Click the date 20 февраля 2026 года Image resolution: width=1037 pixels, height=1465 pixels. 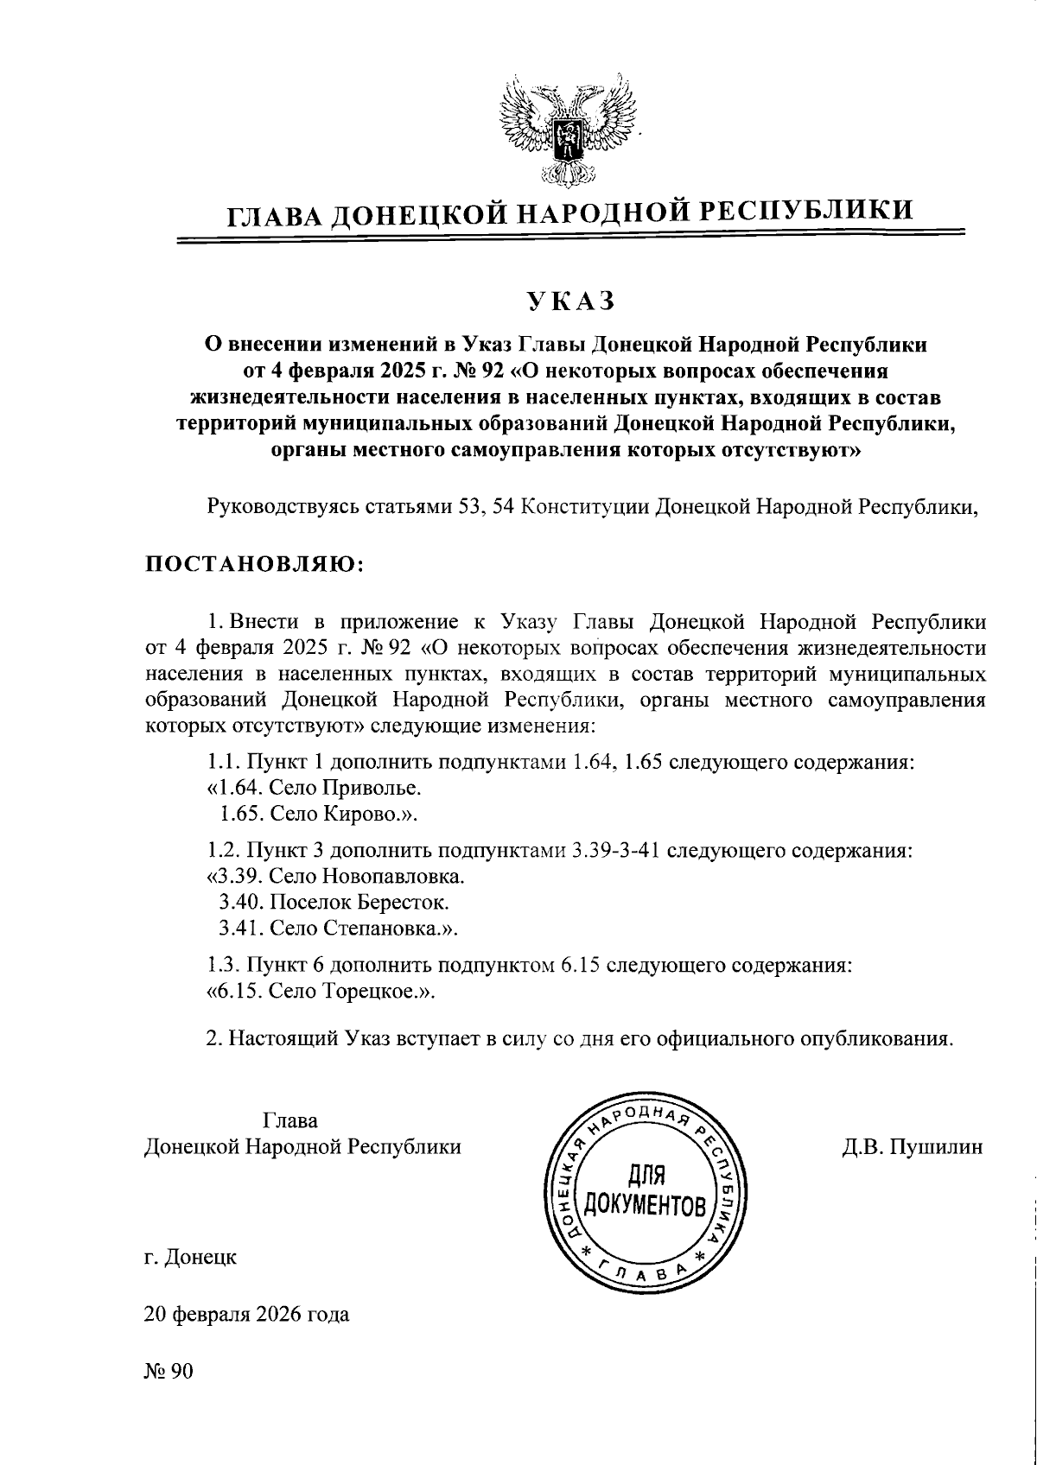click(247, 1316)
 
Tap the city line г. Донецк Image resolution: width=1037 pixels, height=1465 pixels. click(190, 1258)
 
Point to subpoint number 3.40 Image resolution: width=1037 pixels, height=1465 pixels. click(238, 903)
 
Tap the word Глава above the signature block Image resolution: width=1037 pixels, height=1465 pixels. click(289, 1121)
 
